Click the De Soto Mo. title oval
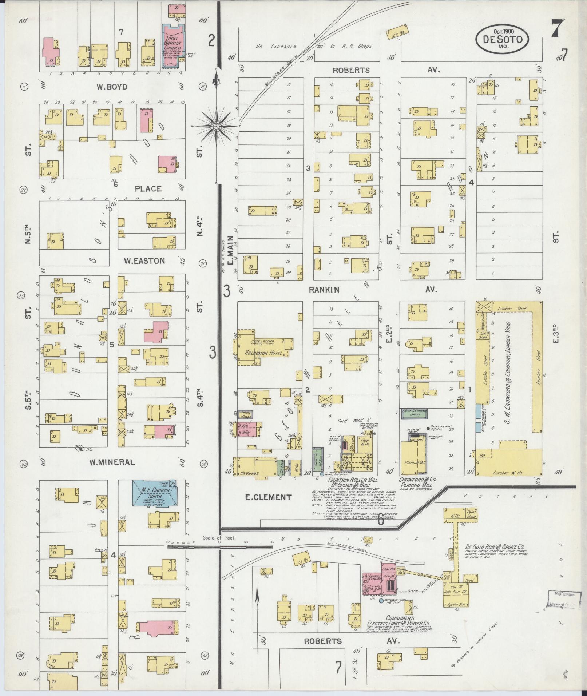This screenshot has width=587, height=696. pos(502,38)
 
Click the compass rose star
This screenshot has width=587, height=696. pos(216,126)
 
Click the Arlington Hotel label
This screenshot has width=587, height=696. pos(263,352)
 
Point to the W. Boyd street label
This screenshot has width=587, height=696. pos(112,87)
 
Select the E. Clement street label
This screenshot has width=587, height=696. pos(268,497)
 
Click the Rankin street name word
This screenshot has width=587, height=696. pos(324,290)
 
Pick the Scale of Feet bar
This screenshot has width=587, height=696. pos(219,546)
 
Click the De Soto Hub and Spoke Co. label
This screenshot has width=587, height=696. pos(495,546)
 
